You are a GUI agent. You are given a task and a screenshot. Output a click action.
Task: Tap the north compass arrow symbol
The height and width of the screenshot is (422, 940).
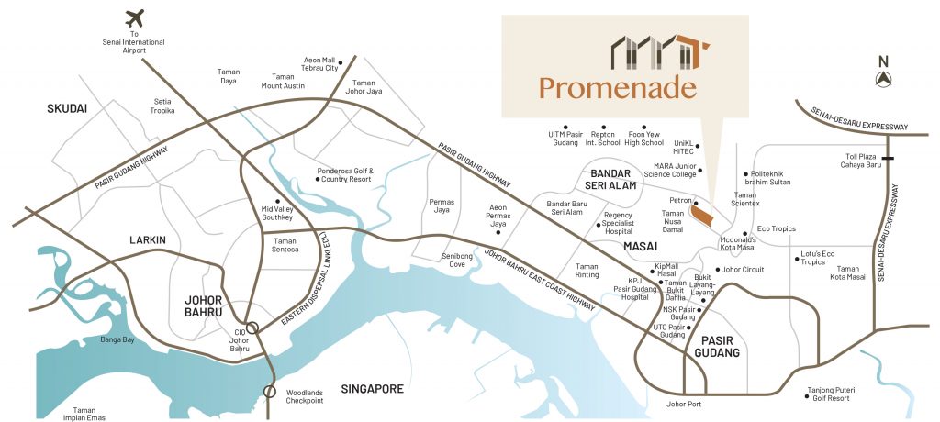pyautogui.click(x=884, y=80)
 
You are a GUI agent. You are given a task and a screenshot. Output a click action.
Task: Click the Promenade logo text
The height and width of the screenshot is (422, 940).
pyautogui.click(x=617, y=88)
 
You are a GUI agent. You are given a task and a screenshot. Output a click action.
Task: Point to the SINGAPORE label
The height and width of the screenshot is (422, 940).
pyautogui.click(x=371, y=389)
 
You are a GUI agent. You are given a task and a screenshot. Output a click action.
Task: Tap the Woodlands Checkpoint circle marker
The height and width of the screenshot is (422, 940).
pyautogui.click(x=270, y=392)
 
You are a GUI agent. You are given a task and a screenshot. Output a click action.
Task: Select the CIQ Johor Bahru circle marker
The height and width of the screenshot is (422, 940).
pyautogui.click(x=252, y=328)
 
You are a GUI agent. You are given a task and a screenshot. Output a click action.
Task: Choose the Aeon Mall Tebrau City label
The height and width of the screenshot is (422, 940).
pyautogui.click(x=320, y=63)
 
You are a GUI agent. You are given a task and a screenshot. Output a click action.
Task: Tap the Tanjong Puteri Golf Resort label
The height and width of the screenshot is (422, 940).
pyautogui.click(x=828, y=394)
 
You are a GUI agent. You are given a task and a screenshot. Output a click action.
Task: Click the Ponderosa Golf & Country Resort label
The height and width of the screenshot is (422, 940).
pyautogui.click(x=345, y=174)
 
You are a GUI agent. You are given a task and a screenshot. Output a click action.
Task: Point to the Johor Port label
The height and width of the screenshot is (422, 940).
pyautogui.click(x=684, y=404)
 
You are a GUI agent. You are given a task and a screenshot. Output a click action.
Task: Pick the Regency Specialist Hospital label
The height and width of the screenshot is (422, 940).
pyautogui.click(x=625, y=224)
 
